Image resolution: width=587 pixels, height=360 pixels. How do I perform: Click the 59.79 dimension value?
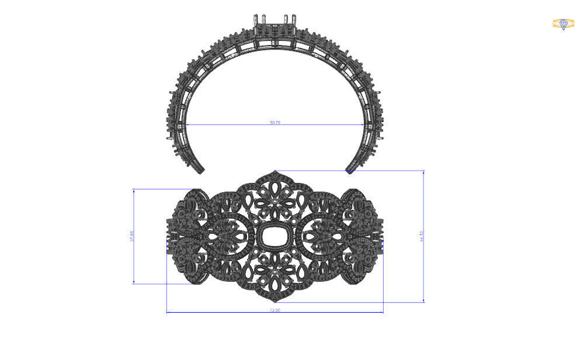(275, 122)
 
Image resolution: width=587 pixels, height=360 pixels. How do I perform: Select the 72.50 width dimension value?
(275, 310)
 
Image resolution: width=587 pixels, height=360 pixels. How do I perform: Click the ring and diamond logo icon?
(563, 23)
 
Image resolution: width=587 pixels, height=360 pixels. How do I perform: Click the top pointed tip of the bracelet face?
(275, 172)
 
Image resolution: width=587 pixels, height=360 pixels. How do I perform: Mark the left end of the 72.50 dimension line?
(167, 312)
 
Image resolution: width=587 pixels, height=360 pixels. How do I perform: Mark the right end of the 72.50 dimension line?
(383, 312)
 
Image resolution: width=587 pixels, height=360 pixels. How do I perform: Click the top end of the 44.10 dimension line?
(423, 171)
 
